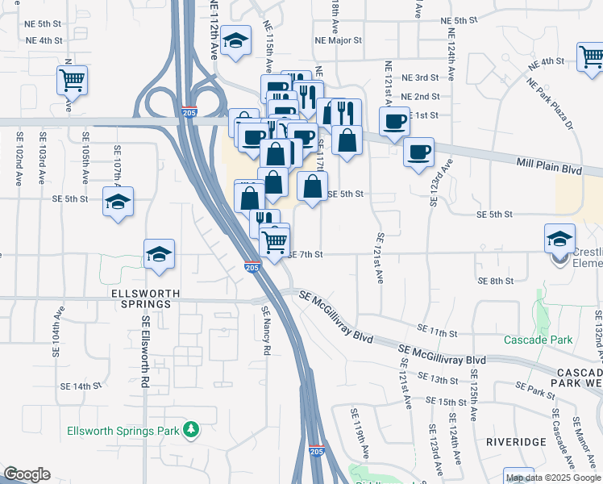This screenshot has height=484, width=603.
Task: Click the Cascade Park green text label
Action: pos(539,340)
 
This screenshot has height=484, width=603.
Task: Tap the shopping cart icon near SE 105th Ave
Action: pos(73,80)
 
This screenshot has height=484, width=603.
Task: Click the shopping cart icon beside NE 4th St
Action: pos(591,56)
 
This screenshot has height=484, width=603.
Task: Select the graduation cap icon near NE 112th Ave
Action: pos(235,44)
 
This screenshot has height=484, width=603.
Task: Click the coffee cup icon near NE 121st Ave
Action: pos(394,122)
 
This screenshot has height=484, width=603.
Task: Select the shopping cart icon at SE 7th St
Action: pos(275,240)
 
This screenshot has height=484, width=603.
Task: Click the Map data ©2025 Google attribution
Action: pos(553,478)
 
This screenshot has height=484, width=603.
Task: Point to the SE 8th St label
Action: pos(495,281)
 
